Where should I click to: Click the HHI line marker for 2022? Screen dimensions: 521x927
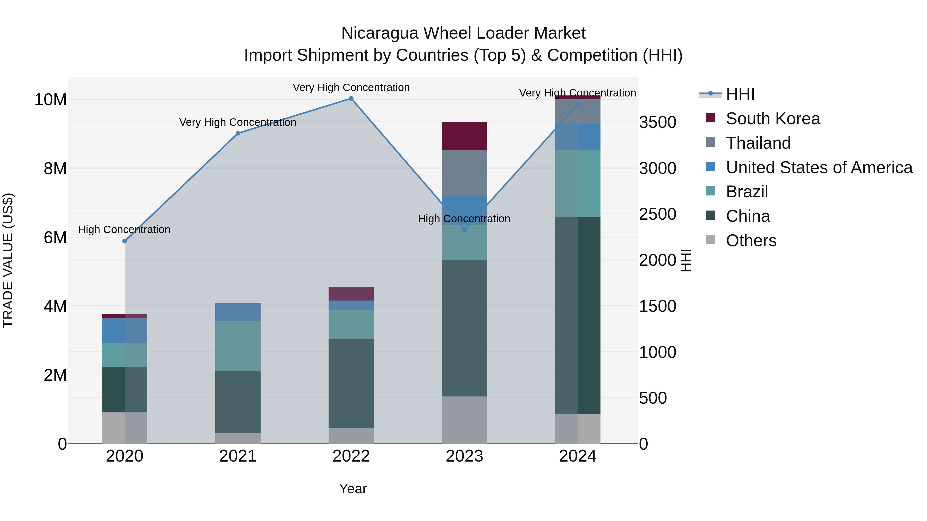(x=351, y=99)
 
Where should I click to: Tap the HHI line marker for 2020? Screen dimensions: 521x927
(x=125, y=241)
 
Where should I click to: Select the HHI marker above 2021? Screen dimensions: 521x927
(x=238, y=133)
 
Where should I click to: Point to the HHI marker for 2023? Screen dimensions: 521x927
(x=464, y=229)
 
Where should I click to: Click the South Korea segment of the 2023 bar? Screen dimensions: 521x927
(x=464, y=136)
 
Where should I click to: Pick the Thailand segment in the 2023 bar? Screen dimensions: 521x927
(x=464, y=173)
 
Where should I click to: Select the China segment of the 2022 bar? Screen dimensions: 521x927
(x=351, y=383)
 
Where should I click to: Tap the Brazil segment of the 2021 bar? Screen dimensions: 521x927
(x=238, y=346)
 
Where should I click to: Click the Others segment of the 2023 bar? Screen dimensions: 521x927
(x=464, y=420)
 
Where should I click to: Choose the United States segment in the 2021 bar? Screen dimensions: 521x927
(x=238, y=312)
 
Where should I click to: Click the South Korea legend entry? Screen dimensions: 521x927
(x=772, y=119)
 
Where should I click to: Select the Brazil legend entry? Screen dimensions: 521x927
(x=747, y=192)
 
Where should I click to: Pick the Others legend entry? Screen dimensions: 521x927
(x=751, y=241)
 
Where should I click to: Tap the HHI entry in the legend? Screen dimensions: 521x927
(x=740, y=94)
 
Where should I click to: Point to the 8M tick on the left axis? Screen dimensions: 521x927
(x=55, y=168)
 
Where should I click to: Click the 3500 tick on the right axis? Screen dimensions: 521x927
(x=657, y=122)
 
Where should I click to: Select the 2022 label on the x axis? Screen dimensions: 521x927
(x=351, y=456)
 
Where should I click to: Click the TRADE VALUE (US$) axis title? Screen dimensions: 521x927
(x=8, y=260)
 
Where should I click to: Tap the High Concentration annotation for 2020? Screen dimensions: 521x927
(x=124, y=229)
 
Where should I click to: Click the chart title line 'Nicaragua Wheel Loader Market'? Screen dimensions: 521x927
(x=463, y=33)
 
